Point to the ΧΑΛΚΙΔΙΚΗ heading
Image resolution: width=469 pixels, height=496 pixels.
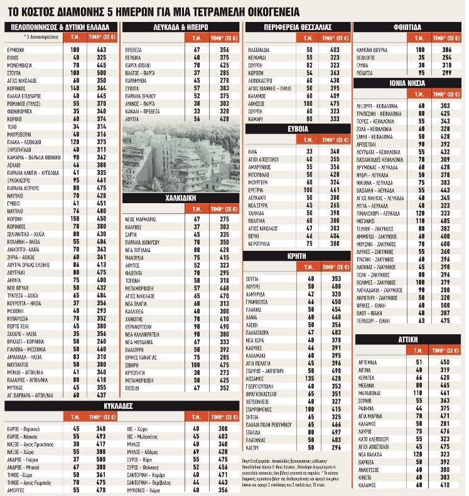tap(180, 197)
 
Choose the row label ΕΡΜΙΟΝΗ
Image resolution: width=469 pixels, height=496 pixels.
tap(16, 49)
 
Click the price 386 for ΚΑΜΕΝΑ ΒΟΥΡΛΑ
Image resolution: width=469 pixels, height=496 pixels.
tap(446, 49)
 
